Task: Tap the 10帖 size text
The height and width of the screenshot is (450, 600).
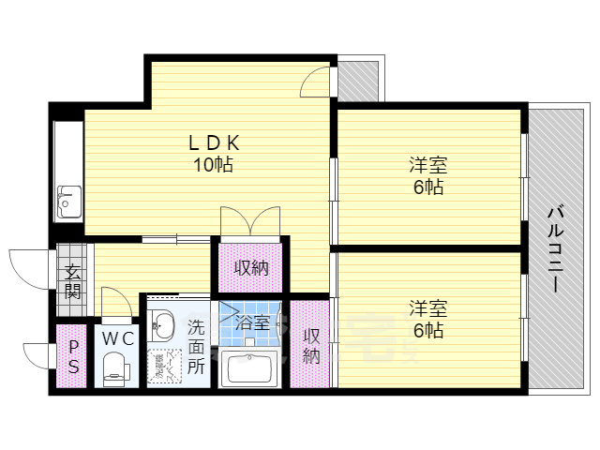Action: coord(214,165)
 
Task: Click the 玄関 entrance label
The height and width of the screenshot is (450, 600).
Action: coord(72,281)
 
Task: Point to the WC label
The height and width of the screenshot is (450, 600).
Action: coord(117,337)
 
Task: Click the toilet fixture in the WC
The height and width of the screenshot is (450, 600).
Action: coord(115,368)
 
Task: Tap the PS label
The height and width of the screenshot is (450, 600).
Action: coord(72,356)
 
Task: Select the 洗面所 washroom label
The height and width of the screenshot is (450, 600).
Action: coord(195,346)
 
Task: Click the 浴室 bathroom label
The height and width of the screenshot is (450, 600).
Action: coord(252,323)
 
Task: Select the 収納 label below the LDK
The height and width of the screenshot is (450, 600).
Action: coord(251,268)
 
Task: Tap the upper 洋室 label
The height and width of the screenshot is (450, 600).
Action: coord(427,175)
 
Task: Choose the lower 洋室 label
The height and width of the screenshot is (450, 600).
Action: coord(427,319)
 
